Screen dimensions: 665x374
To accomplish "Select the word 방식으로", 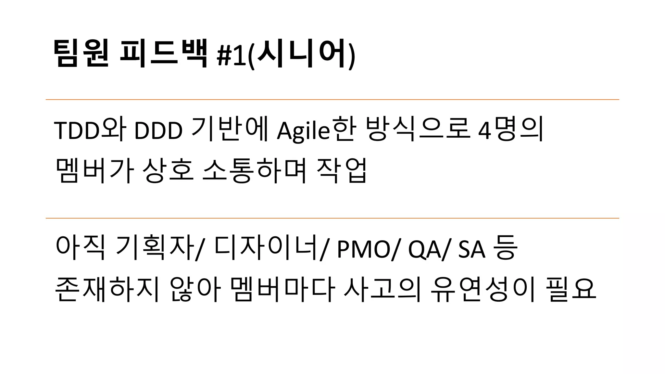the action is point(418,130).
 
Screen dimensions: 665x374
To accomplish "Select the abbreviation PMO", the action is point(364,249).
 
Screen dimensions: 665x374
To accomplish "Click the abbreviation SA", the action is point(471,249).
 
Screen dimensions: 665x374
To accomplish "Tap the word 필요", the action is point(571,289).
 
